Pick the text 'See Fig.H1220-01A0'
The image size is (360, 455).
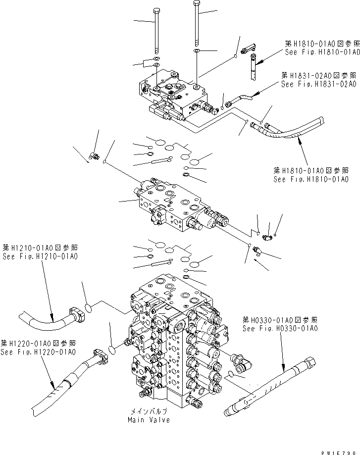38,352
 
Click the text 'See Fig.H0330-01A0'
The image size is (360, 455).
280,328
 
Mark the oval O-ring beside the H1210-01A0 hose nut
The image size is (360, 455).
88,308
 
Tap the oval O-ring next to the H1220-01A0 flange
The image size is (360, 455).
113,350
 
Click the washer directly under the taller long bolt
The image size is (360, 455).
197,51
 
